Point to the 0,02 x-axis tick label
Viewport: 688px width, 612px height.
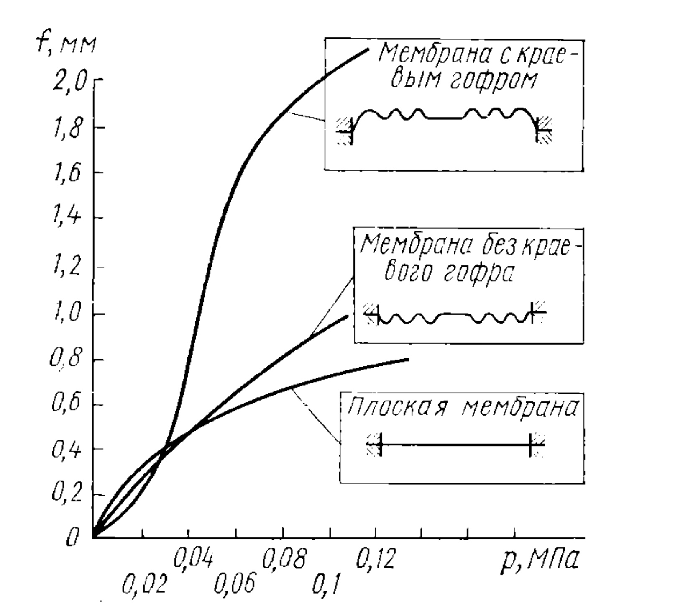click(x=145, y=584)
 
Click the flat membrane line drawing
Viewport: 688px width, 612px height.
click(x=455, y=445)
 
